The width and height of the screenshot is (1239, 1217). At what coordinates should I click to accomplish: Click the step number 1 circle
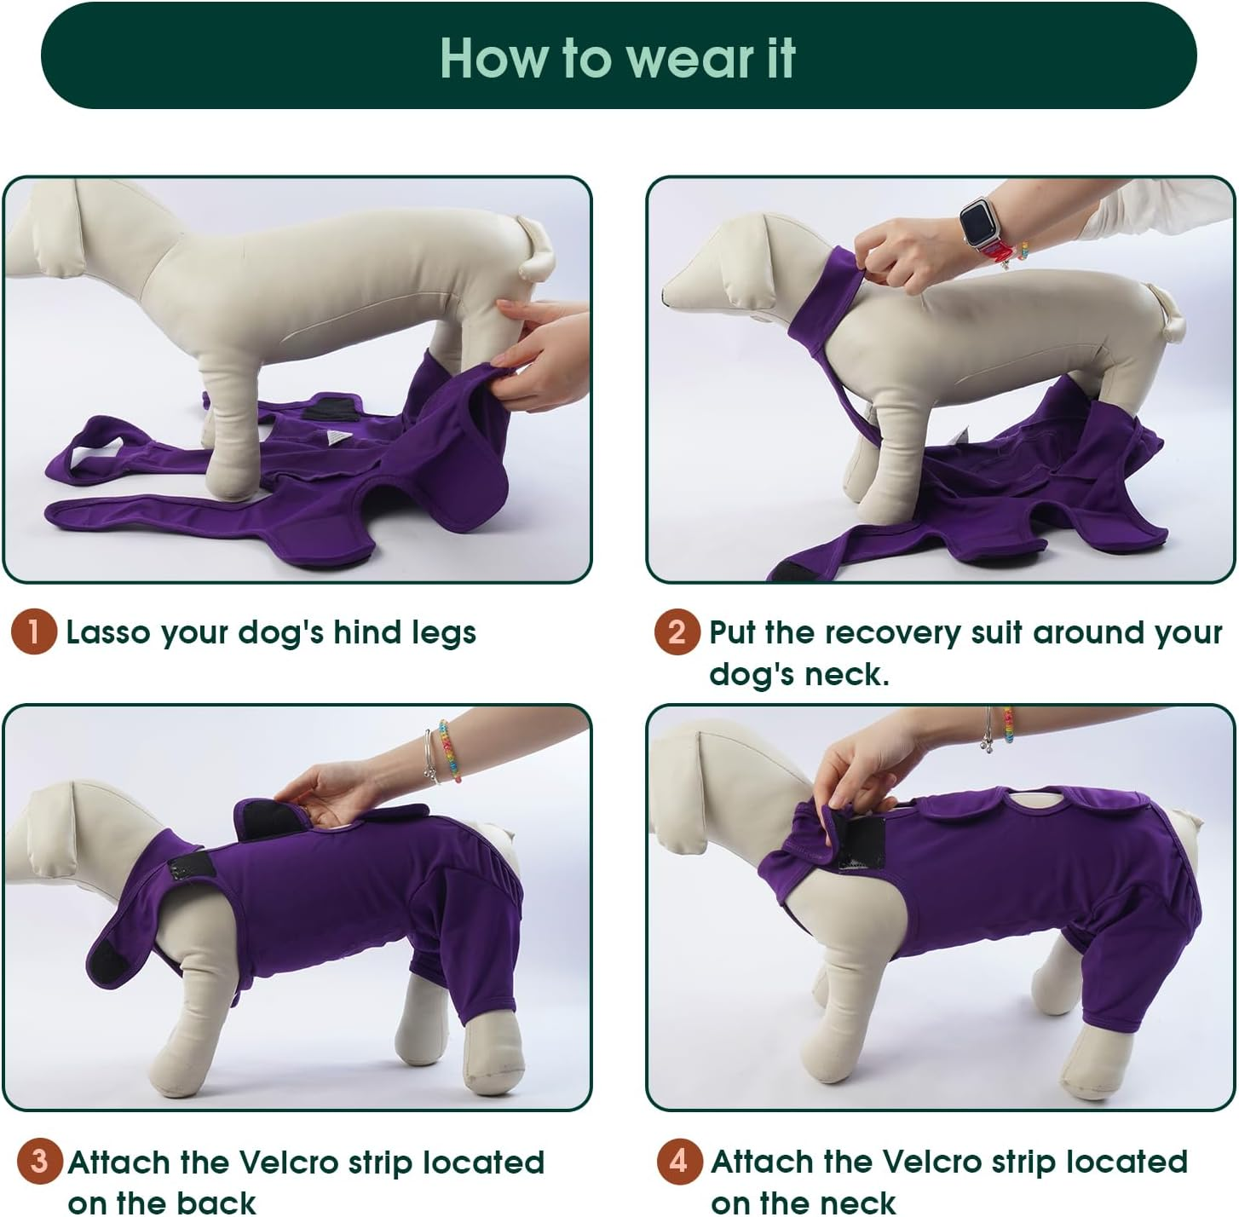(x=33, y=632)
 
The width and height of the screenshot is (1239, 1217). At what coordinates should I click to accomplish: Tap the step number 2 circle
(x=677, y=632)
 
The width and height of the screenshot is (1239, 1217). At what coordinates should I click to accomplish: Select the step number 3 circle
(x=39, y=1162)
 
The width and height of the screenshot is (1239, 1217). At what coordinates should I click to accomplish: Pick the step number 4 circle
(x=679, y=1162)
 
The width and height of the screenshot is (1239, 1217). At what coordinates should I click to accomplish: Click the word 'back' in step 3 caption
(x=216, y=1203)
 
